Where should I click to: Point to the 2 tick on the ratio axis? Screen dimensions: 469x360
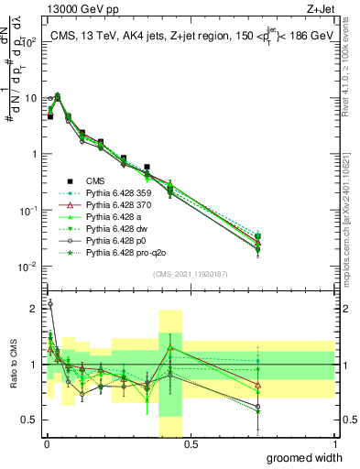[35, 309]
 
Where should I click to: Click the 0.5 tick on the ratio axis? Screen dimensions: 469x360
[30, 420]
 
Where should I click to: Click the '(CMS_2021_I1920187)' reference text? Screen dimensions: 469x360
[190, 274]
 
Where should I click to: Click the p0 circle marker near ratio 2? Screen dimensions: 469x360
[49, 303]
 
